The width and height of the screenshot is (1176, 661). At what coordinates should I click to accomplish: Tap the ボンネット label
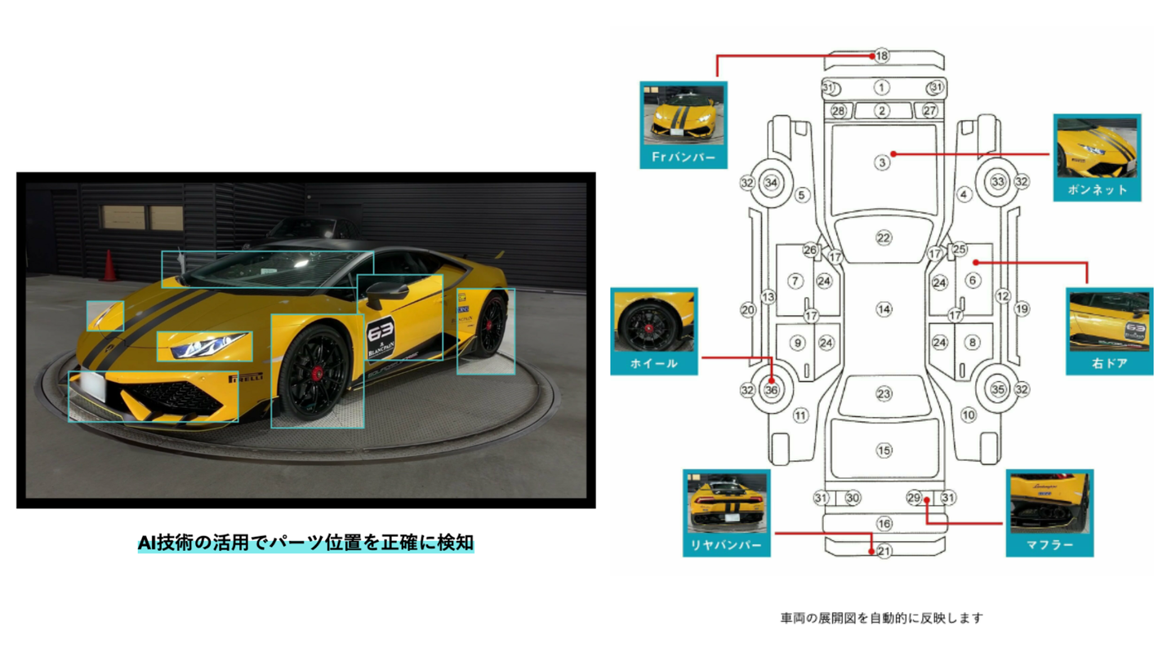[x=1097, y=189]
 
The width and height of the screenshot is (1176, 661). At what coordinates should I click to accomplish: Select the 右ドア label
[x=1109, y=363]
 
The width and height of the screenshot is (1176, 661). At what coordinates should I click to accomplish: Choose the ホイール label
[x=653, y=363]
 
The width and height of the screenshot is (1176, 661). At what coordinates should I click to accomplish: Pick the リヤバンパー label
[x=726, y=545]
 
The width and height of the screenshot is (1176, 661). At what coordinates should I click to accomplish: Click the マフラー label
[x=1049, y=544]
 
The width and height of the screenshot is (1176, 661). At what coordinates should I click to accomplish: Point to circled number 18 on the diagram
[x=881, y=55]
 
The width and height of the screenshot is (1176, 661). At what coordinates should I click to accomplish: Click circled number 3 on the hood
[x=882, y=162]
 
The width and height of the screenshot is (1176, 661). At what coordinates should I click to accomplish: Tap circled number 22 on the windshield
[x=883, y=237]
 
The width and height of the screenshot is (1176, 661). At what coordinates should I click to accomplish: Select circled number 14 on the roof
[x=883, y=309]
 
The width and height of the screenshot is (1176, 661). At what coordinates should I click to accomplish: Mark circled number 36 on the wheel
[x=772, y=390]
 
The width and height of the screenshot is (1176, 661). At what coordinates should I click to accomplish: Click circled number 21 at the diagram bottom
[x=884, y=551]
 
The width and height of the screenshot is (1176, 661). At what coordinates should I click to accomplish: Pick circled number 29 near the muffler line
[x=914, y=498]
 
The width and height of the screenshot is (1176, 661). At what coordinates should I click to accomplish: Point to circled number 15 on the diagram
[x=884, y=450]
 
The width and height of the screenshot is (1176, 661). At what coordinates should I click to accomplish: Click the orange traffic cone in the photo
[x=109, y=266]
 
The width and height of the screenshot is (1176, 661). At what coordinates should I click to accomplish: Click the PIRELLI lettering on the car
[x=247, y=379]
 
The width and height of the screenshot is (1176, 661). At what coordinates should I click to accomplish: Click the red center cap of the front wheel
[x=317, y=372]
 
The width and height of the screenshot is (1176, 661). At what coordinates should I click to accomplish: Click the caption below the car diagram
[x=881, y=618]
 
